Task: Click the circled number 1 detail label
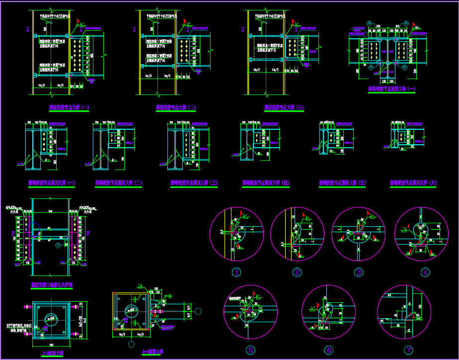(237, 272)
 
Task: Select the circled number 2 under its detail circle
(297, 272)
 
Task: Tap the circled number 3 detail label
(358, 272)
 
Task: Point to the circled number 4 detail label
(425, 272)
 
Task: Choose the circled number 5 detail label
(250, 350)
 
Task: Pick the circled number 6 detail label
(328, 350)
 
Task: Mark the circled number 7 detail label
(408, 350)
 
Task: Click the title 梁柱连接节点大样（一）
(70, 107)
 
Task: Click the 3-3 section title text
(52, 354)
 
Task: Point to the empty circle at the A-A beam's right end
(198, 312)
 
